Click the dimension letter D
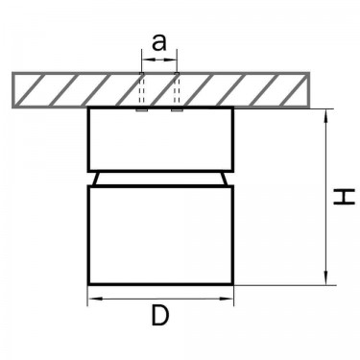[x=159, y=315]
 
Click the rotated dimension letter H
[x=344, y=196]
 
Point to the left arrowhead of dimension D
[x=95, y=299]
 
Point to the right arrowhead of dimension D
[x=227, y=299]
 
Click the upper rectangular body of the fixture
[x=160, y=139]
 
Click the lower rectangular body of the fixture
[x=160, y=235]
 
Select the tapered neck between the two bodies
[x=160, y=179]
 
